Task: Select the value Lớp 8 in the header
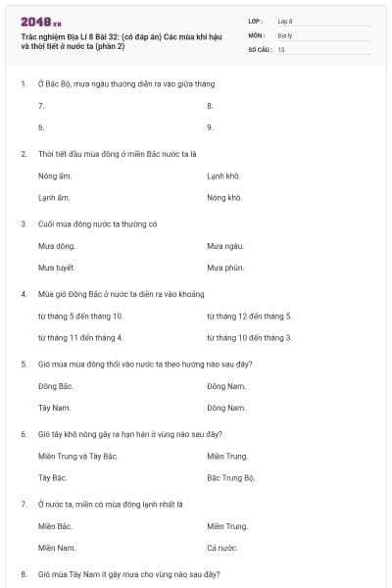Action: (x=285, y=20)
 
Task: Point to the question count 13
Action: (x=281, y=48)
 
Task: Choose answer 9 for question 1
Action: (x=211, y=127)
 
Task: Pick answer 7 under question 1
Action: (x=41, y=105)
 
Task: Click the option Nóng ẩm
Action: (x=55, y=175)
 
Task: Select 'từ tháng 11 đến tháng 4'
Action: (x=79, y=337)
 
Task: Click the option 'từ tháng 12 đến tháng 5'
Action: (x=250, y=316)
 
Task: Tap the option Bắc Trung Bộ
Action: (x=231, y=477)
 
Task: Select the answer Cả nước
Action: (x=222, y=547)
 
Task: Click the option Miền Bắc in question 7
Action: (x=56, y=526)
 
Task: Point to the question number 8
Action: (x=24, y=572)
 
